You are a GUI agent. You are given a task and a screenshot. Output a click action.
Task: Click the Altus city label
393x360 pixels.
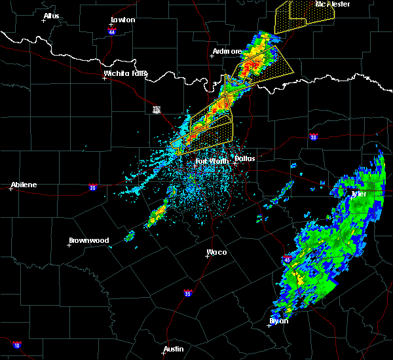[x=51, y=16]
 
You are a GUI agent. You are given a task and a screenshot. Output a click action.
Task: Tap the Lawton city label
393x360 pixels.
[x=122, y=20]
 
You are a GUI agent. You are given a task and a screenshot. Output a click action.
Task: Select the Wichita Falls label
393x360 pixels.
[x=125, y=73]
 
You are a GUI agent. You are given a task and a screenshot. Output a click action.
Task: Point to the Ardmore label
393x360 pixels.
[x=227, y=51]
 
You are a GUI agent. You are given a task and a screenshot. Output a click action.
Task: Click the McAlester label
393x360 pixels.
[x=333, y=4]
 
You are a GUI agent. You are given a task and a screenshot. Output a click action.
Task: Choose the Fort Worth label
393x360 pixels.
[x=212, y=160]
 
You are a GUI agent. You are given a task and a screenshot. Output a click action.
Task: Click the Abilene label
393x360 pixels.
[x=24, y=185]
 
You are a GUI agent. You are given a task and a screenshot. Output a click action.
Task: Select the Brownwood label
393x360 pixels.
[x=88, y=240]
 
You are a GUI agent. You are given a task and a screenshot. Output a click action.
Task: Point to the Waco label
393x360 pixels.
[x=217, y=251]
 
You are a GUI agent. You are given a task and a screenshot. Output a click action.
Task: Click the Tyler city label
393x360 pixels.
[x=360, y=194]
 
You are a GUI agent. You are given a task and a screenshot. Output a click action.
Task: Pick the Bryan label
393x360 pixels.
[x=279, y=321]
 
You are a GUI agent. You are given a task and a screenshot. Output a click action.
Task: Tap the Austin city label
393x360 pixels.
[x=174, y=349]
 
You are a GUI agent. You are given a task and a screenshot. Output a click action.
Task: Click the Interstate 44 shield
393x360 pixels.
[x=112, y=31]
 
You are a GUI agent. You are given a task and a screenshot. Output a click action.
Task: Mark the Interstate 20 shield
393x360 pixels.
[x=92, y=187]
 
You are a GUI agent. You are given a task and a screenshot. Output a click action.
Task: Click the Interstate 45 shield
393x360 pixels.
[x=288, y=260]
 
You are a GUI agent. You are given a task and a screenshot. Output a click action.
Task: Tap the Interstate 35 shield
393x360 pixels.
[x=188, y=292]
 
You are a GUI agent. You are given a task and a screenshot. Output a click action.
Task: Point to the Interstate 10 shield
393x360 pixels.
[x=17, y=344]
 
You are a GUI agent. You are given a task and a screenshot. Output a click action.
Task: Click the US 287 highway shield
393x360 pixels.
[x=157, y=109]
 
